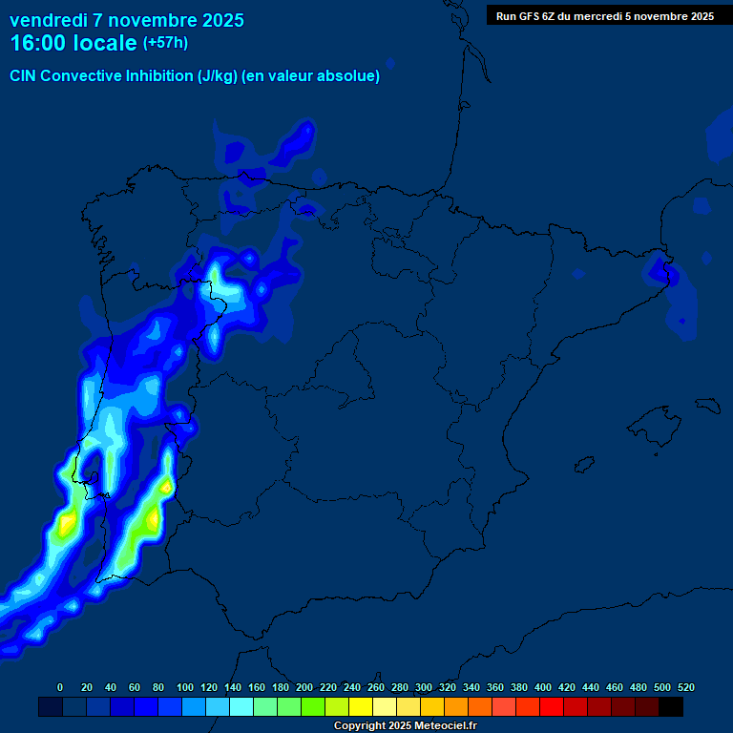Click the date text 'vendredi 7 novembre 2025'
(x=126, y=20)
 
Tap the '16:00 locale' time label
(x=73, y=43)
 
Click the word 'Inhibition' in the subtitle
(x=157, y=76)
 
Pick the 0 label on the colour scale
(x=60, y=687)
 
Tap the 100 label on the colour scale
(x=185, y=687)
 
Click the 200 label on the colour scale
(x=304, y=687)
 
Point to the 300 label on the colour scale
(x=424, y=687)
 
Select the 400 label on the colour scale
(x=543, y=687)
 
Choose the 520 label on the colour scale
(x=685, y=687)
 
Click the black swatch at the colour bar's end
(x=671, y=707)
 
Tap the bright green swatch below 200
(x=313, y=707)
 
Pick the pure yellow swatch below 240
(x=361, y=707)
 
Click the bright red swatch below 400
(x=552, y=707)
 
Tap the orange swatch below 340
(x=480, y=707)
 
